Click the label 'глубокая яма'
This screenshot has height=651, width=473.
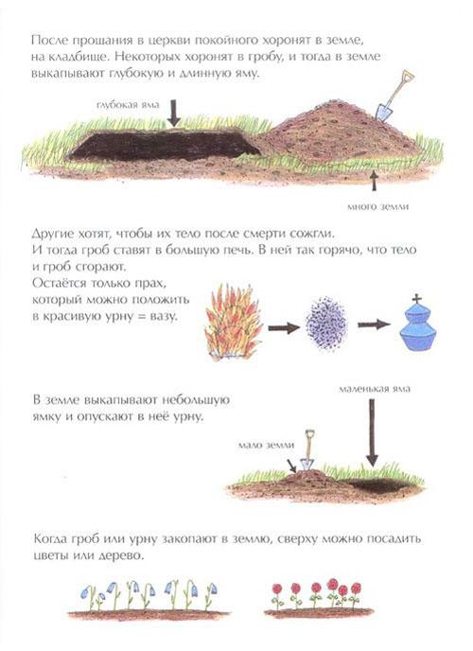coord(128,105)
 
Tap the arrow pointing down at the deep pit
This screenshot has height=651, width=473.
coord(174,113)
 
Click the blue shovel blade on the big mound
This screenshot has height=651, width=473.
coord(384,112)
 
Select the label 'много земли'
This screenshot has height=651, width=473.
coord(377,206)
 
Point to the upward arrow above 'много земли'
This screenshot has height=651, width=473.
coord(375,180)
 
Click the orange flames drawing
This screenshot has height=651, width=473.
coord(233,322)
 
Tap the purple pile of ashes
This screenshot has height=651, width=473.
coord(326,323)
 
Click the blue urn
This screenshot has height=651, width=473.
coord(417,328)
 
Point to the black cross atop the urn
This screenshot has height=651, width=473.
coord(417,298)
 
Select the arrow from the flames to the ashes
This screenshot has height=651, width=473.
coord(284,328)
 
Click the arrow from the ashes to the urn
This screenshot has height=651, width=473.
coord(375,325)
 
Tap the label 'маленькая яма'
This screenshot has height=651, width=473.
coord(375,389)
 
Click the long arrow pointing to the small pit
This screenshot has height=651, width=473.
coord(372,431)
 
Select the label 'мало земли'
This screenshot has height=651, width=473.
coord(267,445)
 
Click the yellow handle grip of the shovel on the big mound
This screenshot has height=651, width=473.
coord(408,75)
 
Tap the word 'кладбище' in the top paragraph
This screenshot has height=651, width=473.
coord(77,57)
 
